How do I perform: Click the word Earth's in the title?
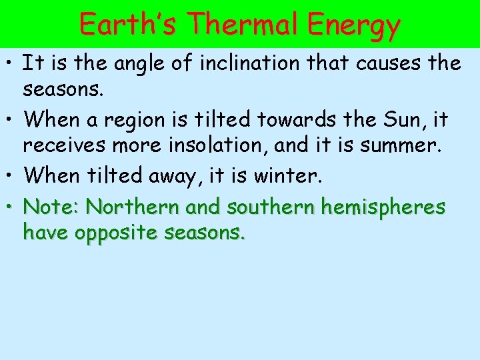[128, 24]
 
